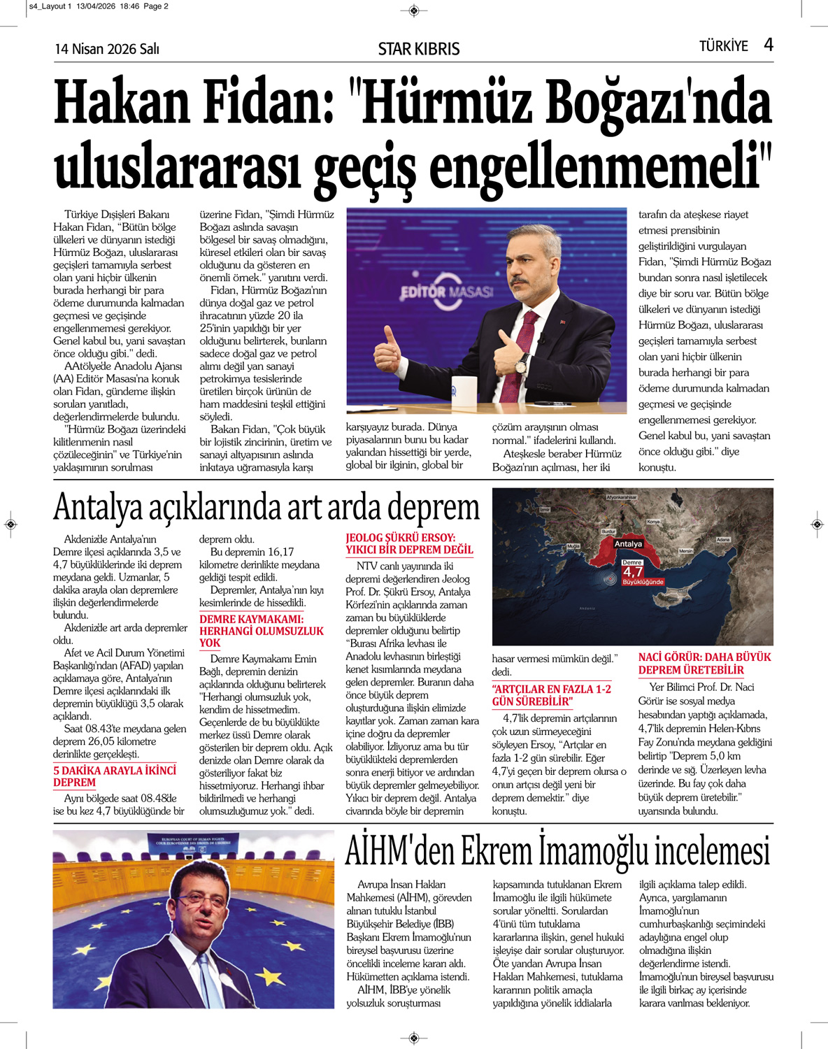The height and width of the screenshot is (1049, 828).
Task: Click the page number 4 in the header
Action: [769, 45]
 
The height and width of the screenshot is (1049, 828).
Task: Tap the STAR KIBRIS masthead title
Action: [418, 49]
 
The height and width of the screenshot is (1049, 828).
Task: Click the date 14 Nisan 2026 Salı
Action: [107, 49]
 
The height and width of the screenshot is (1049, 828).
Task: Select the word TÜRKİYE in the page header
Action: [723, 46]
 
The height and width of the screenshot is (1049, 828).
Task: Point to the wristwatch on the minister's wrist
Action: [521, 364]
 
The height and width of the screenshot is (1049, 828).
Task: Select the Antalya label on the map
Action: [627, 543]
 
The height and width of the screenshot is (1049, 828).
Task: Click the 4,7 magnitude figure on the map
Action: [632, 572]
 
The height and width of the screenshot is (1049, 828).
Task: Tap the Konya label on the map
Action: [653, 522]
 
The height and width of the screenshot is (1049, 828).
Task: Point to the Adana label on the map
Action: [722, 539]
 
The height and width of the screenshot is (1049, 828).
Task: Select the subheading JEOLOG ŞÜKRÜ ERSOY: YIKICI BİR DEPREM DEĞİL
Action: [409, 543]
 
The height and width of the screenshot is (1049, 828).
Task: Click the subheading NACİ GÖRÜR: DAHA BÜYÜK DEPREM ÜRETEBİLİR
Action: [704, 663]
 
